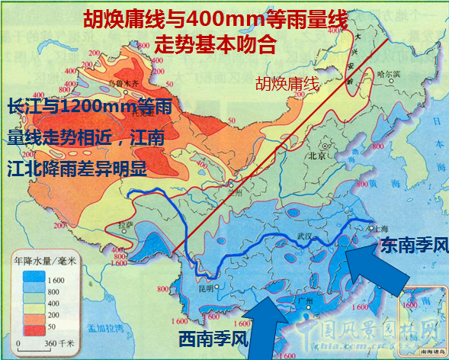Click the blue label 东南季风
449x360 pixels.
(x=412, y=246)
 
